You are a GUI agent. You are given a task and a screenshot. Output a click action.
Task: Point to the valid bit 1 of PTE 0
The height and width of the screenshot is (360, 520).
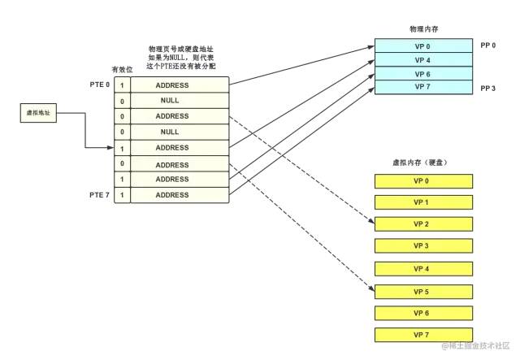point(122,85)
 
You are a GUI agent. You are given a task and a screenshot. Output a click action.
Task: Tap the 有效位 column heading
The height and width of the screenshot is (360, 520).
point(120,69)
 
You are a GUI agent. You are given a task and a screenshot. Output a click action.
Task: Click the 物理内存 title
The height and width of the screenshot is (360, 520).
point(422,29)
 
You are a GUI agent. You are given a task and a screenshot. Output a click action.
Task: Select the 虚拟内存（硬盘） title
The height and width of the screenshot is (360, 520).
point(422,163)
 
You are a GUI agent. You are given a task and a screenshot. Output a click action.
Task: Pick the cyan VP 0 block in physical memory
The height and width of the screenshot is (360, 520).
point(422,46)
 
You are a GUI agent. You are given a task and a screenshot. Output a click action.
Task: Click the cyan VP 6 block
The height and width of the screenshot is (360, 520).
point(422,73)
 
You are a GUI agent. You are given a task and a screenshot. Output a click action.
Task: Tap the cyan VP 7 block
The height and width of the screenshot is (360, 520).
point(422,87)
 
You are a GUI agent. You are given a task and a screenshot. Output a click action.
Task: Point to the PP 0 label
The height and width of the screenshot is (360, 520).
point(490,46)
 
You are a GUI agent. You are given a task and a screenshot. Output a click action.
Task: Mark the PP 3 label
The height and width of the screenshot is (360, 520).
point(490,87)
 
